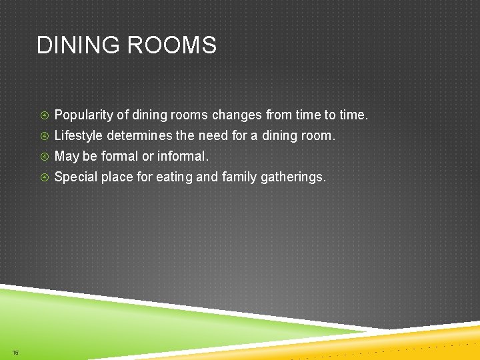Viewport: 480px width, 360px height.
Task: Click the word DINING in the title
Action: pos(78,45)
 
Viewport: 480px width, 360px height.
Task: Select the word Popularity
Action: pos(83,115)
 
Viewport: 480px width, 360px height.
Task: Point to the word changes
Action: pos(237,115)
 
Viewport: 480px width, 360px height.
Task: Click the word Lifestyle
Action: pos(78,136)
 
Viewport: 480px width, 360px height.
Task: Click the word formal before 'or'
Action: pos(119,157)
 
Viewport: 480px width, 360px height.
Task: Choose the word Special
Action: pos(74,177)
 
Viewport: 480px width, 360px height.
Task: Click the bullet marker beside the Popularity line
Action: pos(44,115)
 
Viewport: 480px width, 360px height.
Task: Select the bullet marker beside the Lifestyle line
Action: pos(44,136)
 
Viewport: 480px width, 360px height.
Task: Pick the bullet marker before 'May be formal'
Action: pos(44,157)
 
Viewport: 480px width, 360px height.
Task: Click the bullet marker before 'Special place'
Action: pos(44,177)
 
